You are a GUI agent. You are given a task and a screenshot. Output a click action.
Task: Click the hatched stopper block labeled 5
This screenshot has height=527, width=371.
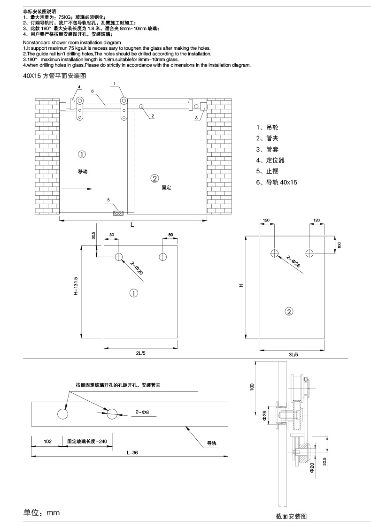pyautogui.click(x=117, y=213)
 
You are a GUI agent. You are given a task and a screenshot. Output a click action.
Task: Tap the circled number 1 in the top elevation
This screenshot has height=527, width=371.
pyautogui.click(x=82, y=154)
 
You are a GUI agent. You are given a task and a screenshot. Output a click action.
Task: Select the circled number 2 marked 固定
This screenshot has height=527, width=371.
pyautogui.click(x=155, y=177)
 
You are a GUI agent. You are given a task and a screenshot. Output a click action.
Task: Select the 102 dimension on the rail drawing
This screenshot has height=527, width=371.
pyautogui.click(x=47, y=441)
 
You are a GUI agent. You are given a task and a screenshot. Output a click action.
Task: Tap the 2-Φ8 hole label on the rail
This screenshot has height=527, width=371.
pyautogui.click(x=142, y=412)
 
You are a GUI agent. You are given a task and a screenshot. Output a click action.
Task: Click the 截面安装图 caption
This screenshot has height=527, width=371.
pyautogui.click(x=291, y=516)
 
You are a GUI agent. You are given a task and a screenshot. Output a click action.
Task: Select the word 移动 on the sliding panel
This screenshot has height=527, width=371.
pyautogui.click(x=83, y=172)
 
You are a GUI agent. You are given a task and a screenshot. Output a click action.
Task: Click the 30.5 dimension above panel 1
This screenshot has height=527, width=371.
pyautogui.click(x=93, y=235)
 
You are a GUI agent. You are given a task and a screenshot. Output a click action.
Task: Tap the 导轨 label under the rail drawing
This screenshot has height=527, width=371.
pyautogui.click(x=212, y=443)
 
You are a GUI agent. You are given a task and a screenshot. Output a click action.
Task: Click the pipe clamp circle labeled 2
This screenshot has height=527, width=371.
pyautogui.click(x=141, y=107)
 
